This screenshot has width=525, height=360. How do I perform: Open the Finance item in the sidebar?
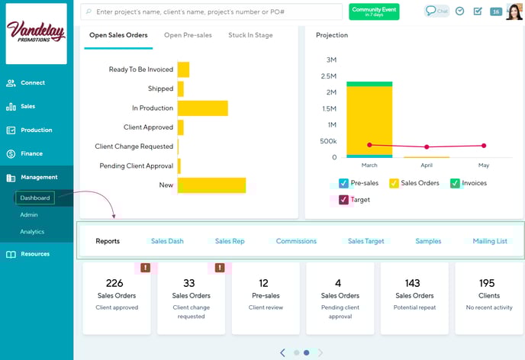(x=31, y=153)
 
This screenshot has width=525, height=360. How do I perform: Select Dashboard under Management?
(x=35, y=198)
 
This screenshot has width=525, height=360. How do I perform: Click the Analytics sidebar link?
(x=32, y=232)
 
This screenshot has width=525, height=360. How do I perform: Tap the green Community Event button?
(x=374, y=11)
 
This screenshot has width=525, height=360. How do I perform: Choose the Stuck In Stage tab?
(x=250, y=35)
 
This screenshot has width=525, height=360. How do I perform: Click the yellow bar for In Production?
(x=202, y=108)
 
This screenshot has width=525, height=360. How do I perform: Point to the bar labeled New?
(x=211, y=185)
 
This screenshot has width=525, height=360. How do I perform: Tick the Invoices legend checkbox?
(x=455, y=183)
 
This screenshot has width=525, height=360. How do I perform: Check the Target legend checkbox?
(x=343, y=200)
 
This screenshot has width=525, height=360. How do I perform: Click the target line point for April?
(x=427, y=146)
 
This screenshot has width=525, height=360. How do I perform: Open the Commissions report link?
(x=296, y=241)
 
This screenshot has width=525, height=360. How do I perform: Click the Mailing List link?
(x=490, y=241)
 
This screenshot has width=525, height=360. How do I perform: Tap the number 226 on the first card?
(x=114, y=283)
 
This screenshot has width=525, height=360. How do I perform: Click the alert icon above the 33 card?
(x=220, y=268)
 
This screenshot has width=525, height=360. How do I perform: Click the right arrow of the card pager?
(x=320, y=352)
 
